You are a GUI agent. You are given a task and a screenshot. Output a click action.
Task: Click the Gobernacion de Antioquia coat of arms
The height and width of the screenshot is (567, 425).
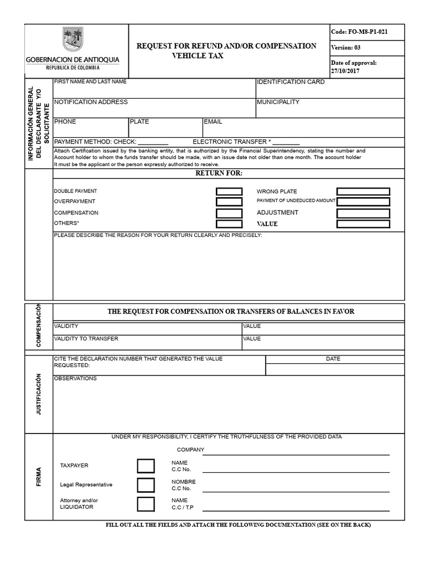pyautogui.click(x=72, y=39)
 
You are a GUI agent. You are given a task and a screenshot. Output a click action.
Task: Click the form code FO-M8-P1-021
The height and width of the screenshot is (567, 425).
pyautogui.click(x=359, y=32)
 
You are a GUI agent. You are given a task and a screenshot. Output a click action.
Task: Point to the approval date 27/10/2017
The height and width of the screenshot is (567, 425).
pyautogui.click(x=345, y=71)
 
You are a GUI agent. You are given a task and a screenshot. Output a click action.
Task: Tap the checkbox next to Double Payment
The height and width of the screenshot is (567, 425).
pyautogui.click(x=229, y=192)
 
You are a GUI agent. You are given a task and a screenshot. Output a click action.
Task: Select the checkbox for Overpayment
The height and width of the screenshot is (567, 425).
pyautogui.click(x=229, y=202)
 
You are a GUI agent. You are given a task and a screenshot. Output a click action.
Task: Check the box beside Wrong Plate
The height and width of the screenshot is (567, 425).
pyautogui.click(x=363, y=192)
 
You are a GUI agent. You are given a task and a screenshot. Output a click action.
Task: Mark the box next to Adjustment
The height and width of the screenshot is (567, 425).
pyautogui.click(x=363, y=213)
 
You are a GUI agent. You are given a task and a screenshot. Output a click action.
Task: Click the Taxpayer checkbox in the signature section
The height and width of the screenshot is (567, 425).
pyautogui.click(x=146, y=466)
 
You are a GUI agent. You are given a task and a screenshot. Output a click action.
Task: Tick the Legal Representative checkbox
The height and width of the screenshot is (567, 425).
pyautogui.click(x=146, y=485)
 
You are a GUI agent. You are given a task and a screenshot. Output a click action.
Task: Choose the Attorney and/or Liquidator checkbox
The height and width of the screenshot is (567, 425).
pyautogui.click(x=146, y=504)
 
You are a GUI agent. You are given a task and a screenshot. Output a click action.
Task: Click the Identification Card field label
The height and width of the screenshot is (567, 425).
pyautogui.click(x=291, y=82)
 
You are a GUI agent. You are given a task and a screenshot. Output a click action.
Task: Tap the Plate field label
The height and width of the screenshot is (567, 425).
pyautogui.click(x=139, y=122)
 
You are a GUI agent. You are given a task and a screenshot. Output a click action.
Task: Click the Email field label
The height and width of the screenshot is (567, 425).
pyautogui.click(x=213, y=122)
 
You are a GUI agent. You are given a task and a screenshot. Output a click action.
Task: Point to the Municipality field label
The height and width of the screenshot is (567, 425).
pyautogui.click(x=278, y=102)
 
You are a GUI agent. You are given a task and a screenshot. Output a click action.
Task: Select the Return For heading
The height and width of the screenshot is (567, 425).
pyautogui.click(x=219, y=173)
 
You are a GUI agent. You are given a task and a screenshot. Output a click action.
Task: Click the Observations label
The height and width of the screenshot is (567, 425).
pyautogui.click(x=75, y=379)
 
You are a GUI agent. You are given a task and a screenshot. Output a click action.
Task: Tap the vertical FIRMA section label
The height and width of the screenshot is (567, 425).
pyautogui.click(x=39, y=477)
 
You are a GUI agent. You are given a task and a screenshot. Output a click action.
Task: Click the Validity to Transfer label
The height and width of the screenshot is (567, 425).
pyautogui.click(x=86, y=338)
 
